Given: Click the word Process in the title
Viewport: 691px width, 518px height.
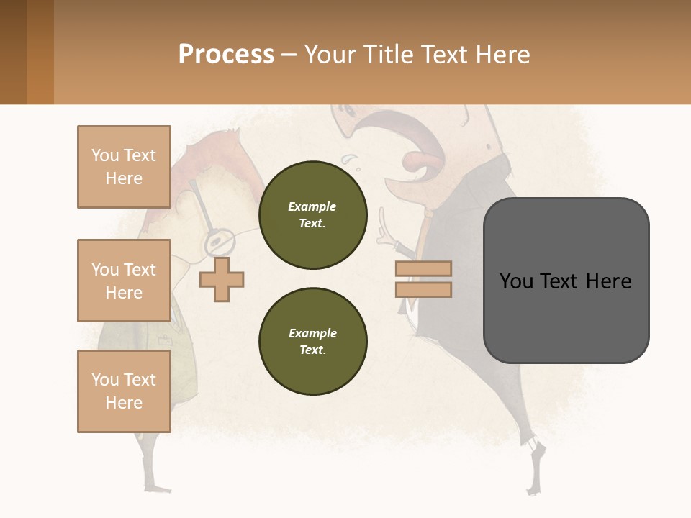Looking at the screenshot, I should point(226,54).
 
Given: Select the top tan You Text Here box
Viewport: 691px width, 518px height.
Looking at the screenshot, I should point(124,167).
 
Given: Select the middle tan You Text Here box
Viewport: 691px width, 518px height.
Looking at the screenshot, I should point(124,281).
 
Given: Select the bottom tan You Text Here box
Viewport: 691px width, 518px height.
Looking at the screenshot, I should point(124,391).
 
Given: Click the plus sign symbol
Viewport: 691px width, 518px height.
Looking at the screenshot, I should point(222,279).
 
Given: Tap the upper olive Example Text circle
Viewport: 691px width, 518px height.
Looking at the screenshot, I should point(312,214).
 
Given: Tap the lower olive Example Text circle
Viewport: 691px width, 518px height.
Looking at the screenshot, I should point(312,341).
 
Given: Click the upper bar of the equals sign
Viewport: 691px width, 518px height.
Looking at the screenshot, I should point(424,268).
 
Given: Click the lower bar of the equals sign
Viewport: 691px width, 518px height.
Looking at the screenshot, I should point(424,289).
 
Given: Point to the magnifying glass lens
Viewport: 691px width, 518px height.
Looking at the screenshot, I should point(219,242).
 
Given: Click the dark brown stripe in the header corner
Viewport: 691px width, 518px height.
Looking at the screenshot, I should point(13,52).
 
